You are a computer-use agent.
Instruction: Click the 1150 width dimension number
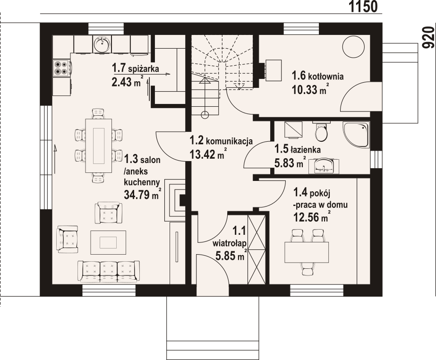point(363,7)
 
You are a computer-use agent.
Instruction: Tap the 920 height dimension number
point(428,37)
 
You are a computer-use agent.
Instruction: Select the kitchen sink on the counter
point(102,43)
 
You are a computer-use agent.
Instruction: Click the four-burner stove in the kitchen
point(62,68)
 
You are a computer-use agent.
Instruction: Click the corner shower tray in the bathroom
point(356,134)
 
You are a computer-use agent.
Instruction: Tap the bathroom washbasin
point(324,166)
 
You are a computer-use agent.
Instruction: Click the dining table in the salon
point(98,146)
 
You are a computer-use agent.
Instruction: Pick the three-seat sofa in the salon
point(109,271)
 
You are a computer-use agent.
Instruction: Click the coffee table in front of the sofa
point(108,242)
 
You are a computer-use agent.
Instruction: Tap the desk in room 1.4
point(307,252)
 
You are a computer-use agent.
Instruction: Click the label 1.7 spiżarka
point(136,68)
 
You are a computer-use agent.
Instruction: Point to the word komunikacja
point(229,141)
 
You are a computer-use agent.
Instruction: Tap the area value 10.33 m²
point(308,90)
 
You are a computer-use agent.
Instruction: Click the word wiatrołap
point(230,244)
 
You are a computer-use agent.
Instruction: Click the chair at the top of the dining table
point(98,113)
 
